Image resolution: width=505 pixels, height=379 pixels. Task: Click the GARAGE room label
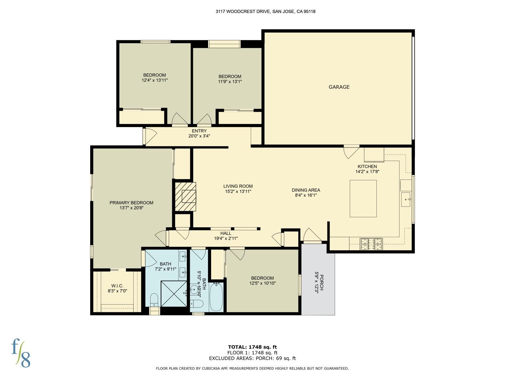click(x=339, y=87)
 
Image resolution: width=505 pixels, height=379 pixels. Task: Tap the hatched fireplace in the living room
click(x=186, y=197)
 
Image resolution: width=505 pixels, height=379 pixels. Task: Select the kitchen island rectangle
click(x=363, y=198)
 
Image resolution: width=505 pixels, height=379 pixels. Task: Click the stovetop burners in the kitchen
click(x=371, y=244)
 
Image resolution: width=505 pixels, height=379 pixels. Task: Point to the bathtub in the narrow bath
click(x=216, y=297)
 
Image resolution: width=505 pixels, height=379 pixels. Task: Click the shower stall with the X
click(x=174, y=294)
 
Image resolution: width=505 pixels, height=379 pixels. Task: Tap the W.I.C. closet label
click(x=117, y=286)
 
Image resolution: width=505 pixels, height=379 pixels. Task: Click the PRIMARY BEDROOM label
click(x=132, y=203)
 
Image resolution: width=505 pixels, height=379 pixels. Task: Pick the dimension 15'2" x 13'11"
click(x=238, y=191)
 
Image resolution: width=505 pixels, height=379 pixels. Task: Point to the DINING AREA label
click(x=306, y=190)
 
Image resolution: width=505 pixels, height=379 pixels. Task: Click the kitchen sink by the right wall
click(x=406, y=200)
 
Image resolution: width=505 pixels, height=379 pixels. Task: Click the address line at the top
click(x=265, y=12)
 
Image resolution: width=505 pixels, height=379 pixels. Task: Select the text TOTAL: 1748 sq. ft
click(x=252, y=347)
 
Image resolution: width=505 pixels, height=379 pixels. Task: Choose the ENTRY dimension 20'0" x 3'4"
click(x=199, y=136)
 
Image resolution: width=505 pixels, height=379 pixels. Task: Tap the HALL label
click(x=226, y=233)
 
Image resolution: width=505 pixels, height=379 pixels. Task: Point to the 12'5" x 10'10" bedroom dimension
click(x=263, y=283)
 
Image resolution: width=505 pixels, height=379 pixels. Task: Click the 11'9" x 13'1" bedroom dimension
click(x=230, y=81)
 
